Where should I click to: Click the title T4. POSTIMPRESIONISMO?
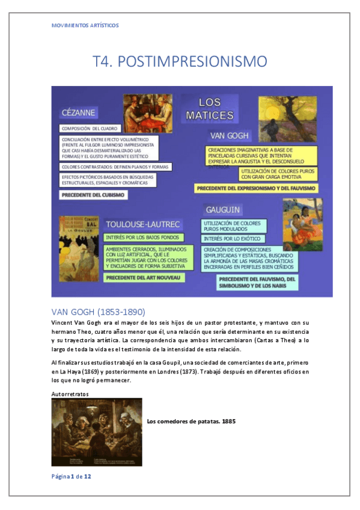point(180,61)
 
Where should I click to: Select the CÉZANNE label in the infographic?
point(78,112)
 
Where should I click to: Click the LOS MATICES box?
point(210,108)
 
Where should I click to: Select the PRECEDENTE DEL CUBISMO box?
point(93,195)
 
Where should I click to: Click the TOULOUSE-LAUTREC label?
point(143,224)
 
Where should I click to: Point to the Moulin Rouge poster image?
point(79,248)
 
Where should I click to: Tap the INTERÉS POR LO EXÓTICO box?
point(229,239)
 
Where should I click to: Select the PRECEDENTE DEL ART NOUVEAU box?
point(144,278)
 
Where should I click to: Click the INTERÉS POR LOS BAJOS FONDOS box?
point(141,238)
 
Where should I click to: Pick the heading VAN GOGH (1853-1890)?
point(99,312)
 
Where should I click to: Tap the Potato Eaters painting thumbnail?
point(97,431)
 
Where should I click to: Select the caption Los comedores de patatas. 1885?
point(191,421)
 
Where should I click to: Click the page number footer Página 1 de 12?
point(71,476)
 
